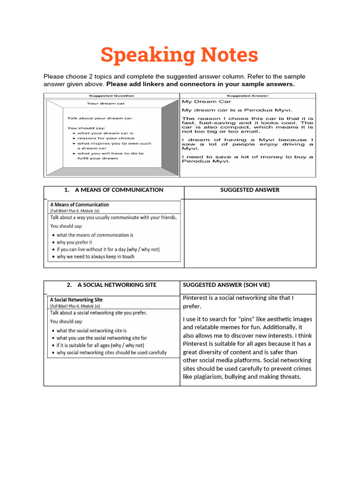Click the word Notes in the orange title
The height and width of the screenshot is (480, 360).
[229, 55]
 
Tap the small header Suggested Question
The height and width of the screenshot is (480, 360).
[112, 95]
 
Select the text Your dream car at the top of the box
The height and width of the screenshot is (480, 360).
[106, 104]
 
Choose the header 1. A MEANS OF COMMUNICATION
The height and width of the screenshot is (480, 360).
[114, 190]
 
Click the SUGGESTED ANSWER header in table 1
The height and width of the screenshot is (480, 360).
[250, 190]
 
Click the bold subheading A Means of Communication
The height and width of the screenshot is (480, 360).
[80, 204]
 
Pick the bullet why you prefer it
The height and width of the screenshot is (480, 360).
[75, 242]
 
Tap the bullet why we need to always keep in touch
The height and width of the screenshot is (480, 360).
[96, 257]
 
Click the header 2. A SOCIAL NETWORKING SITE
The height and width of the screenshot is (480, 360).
[112, 285]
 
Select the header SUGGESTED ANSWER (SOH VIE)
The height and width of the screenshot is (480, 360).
[226, 285]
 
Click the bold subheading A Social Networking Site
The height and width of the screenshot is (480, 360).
[76, 300]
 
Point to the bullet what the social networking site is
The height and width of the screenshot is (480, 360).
[92, 330]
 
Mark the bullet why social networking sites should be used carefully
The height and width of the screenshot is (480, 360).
[112, 352]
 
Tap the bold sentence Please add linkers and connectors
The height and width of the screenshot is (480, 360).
[201, 84]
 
